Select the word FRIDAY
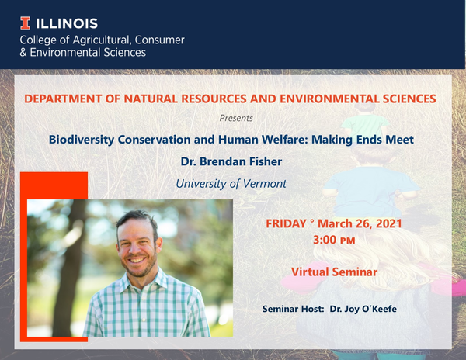286,223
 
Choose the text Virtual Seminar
334,273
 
